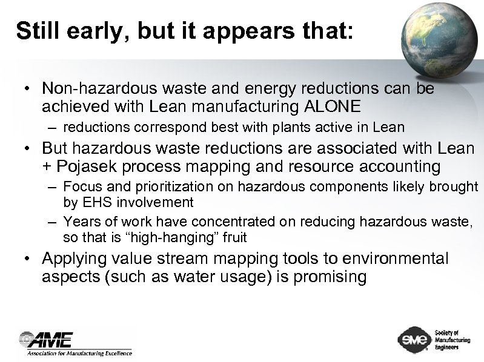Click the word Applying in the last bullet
[69, 259]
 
